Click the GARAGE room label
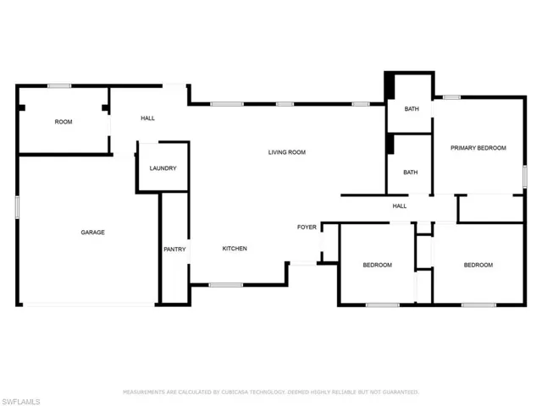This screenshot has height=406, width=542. tap(92, 233)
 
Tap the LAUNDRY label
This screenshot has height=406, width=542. tap(163, 168)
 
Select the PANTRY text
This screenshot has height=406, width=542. tap(174, 250)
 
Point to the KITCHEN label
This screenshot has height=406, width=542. tap(235, 249)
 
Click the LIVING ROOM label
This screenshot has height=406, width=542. tap(287, 152)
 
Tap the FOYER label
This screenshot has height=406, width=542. tap(307, 228)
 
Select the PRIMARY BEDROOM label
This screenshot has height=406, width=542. tap(478, 148)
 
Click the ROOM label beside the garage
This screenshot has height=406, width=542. tap(64, 122)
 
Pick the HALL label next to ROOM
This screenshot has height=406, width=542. tap(147, 118)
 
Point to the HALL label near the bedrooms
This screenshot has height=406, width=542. tap(399, 206)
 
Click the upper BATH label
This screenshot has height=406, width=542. tap(412, 109)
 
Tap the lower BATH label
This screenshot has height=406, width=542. tap(410, 173)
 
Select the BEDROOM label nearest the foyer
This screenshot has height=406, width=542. tap(377, 265)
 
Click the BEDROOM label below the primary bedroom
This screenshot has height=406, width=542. tap(478, 265)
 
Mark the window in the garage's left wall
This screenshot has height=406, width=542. tap(17, 207)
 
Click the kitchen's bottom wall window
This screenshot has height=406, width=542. tap(226, 285)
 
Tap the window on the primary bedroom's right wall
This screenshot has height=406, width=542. tap(525, 177)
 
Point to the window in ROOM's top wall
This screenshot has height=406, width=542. tap(59, 86)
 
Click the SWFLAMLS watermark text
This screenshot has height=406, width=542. tap(20, 402)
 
